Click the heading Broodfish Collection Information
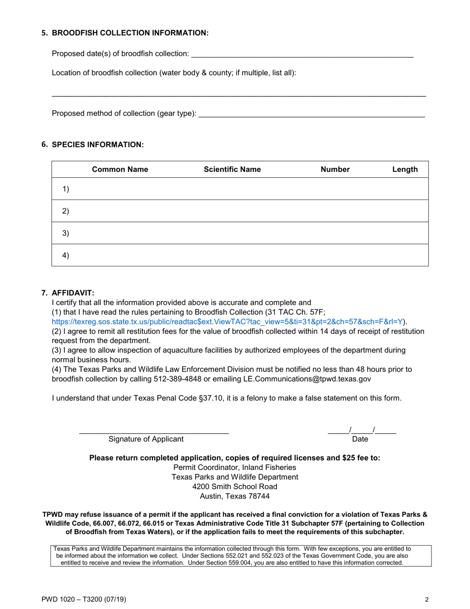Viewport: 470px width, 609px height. (130, 33)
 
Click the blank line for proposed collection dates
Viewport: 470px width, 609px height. (302, 54)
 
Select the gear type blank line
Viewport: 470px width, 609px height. (311, 114)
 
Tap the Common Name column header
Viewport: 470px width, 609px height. (120, 170)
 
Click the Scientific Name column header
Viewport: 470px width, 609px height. (232, 170)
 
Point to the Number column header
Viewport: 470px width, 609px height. (335, 170)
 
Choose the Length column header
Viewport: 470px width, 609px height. (405, 170)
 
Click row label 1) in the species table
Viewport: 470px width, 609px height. (65, 189)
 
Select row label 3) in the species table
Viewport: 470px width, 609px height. (65, 233)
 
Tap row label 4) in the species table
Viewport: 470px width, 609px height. (65, 255)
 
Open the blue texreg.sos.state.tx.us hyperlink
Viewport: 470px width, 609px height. (228, 321)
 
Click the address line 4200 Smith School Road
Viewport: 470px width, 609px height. (235, 486)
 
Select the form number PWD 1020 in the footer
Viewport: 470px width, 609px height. (60, 600)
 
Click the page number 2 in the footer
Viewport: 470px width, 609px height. (426, 600)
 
